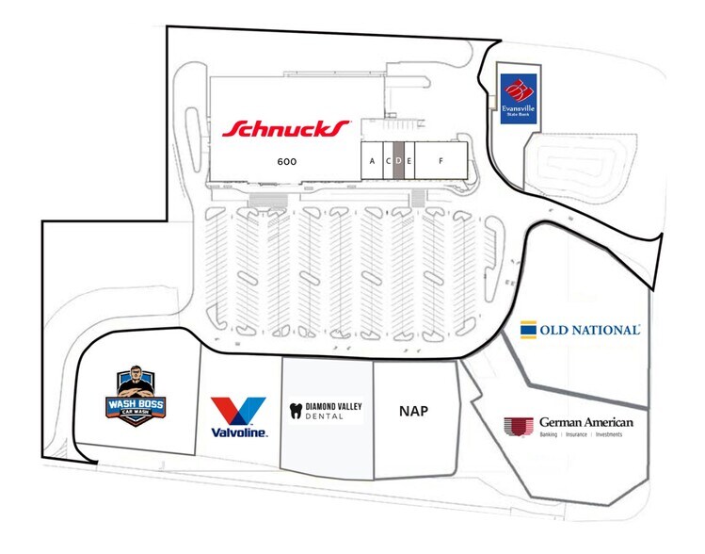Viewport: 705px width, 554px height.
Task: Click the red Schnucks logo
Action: pyautogui.click(x=286, y=128)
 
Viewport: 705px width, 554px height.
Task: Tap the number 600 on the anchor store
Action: pyautogui.click(x=287, y=161)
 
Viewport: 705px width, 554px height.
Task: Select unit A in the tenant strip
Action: pyautogui.click(x=372, y=161)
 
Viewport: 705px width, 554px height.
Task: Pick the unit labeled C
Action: pyautogui.click(x=387, y=161)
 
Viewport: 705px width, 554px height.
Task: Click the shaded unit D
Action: pyautogui.click(x=398, y=161)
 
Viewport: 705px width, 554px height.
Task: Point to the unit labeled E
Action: pyautogui.click(x=409, y=161)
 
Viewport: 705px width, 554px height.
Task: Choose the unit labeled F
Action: pyautogui.click(x=440, y=161)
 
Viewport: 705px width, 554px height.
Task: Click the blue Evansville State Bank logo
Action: pyautogui.click(x=518, y=98)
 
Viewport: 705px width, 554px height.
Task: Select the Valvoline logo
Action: pyautogui.click(x=238, y=417)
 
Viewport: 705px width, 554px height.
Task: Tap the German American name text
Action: pyautogui.click(x=586, y=422)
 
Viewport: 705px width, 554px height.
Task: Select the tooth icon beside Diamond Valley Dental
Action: pyautogui.click(x=296, y=410)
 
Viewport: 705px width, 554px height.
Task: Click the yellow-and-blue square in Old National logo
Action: pyautogui.click(x=529, y=330)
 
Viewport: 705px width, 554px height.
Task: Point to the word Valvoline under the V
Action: pyautogui.click(x=238, y=432)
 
